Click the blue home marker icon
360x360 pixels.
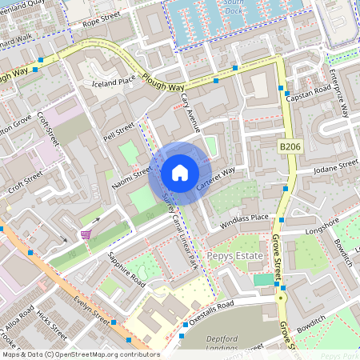180,173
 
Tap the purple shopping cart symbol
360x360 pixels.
86,234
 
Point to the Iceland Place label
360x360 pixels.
114,81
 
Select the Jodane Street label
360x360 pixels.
336,167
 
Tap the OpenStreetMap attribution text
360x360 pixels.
80,354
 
